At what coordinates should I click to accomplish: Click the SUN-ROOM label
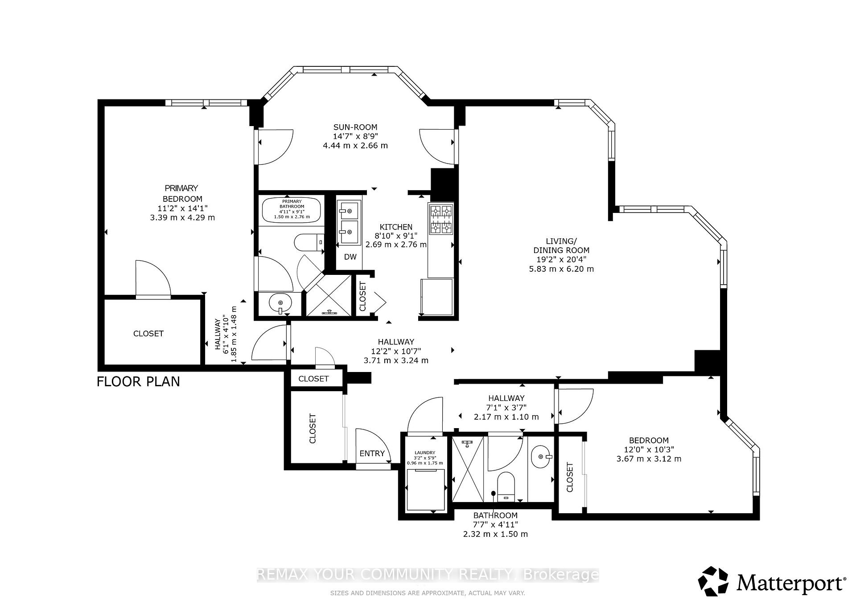(355, 127)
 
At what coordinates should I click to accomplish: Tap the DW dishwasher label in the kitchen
(350, 257)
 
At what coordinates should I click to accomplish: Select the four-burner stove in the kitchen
(441, 219)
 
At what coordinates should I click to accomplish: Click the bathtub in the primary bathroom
(292, 209)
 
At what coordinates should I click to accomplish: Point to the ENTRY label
(372, 454)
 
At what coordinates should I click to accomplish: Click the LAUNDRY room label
(425, 453)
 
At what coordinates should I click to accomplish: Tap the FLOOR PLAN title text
(138, 382)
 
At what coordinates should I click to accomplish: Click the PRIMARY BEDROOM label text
(182, 194)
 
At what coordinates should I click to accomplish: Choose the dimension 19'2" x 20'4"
(561, 260)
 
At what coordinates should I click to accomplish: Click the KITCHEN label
(396, 227)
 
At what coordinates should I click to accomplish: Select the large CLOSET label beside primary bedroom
(148, 334)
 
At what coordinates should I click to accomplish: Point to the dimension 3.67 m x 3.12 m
(649, 459)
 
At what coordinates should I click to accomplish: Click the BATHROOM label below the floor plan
(495, 515)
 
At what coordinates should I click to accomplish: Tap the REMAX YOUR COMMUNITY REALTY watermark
(428, 575)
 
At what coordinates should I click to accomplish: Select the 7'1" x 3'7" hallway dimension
(506, 407)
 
